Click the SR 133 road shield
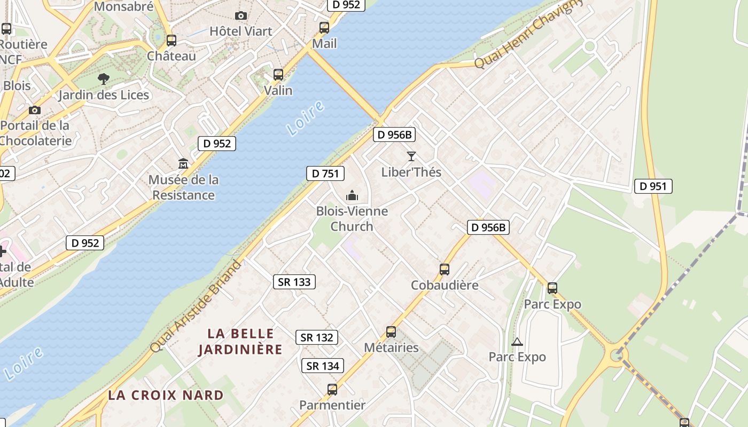click(x=294, y=282)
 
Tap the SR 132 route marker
click(x=317, y=337)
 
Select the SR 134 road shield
click(x=323, y=366)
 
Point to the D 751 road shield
click(x=325, y=173)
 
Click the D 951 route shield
click(x=653, y=186)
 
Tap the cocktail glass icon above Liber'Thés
click(x=411, y=156)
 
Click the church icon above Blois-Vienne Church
click(x=352, y=196)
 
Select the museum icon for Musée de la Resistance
click(x=183, y=163)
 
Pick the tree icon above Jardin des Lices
click(x=104, y=80)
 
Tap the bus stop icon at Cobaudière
click(x=445, y=270)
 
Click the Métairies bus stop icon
click(x=391, y=332)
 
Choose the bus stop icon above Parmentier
click(x=332, y=390)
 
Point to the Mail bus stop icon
click(x=324, y=28)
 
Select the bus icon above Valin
click(x=278, y=75)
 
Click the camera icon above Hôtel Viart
click(x=241, y=16)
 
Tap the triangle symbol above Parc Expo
click(x=517, y=342)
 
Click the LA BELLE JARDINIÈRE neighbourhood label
click(x=240, y=342)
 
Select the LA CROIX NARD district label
click(x=166, y=396)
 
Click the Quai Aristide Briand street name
click(x=196, y=305)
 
